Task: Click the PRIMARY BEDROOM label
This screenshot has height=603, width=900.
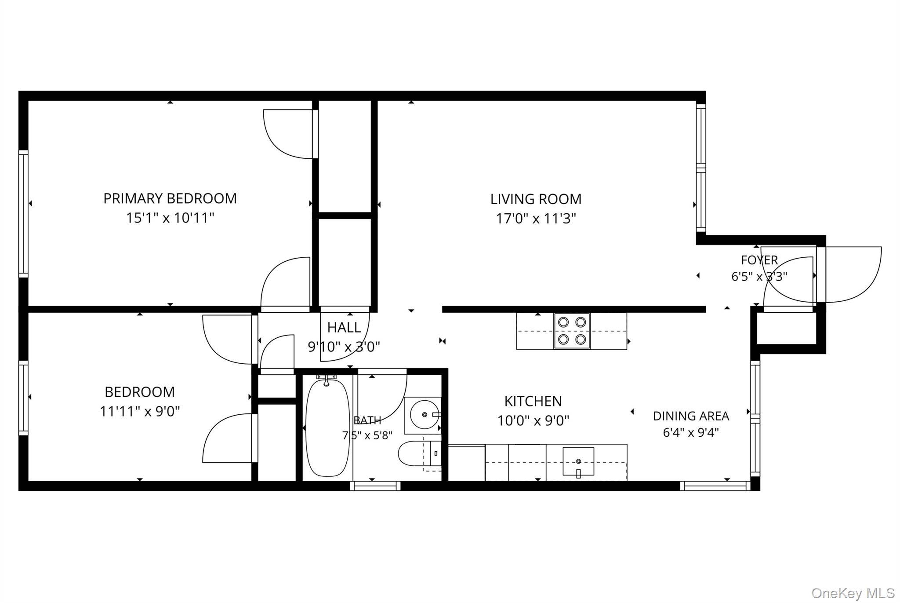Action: click(170, 198)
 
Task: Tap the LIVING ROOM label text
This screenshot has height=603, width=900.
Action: click(536, 199)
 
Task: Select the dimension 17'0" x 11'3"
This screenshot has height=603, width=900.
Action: click(536, 219)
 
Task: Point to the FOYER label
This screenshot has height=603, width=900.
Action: click(759, 260)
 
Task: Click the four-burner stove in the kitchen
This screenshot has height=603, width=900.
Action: click(572, 331)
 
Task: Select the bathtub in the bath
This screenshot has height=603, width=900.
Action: click(327, 428)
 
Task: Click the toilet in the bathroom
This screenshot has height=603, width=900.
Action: click(419, 453)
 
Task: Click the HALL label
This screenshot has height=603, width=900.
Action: click(344, 327)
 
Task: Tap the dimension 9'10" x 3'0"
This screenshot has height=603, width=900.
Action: click(344, 347)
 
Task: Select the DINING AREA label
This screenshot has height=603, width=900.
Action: click(691, 416)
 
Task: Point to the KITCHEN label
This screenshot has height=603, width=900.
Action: click(533, 401)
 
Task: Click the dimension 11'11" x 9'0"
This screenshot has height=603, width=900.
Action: click(140, 411)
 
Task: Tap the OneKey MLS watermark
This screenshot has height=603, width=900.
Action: click(853, 593)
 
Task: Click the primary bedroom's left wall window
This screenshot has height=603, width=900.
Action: click(23, 214)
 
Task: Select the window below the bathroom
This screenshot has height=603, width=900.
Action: click(375, 486)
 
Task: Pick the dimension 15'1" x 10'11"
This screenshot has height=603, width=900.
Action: click(170, 218)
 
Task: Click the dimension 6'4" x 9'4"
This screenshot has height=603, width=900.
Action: click(691, 432)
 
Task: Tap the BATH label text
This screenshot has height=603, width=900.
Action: click(367, 420)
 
